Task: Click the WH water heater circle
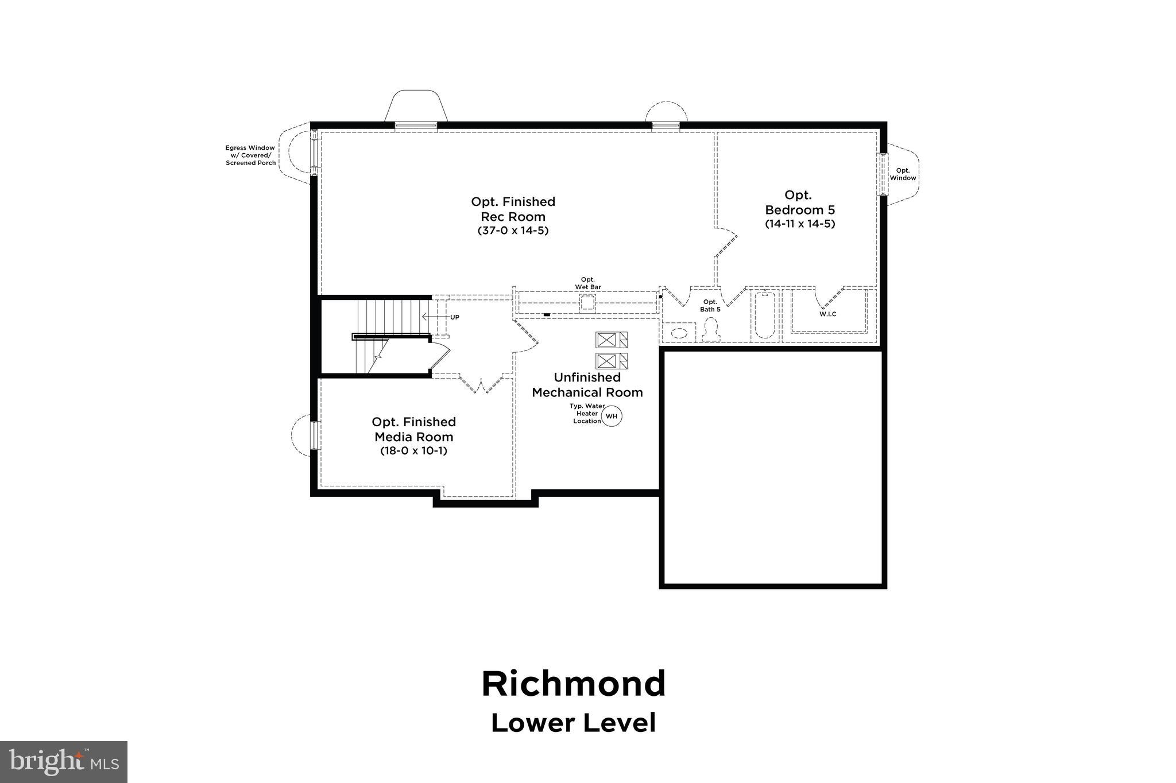612,416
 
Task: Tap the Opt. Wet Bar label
588,283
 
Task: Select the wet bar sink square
587,302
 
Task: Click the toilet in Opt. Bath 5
711,330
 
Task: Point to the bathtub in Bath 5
764,316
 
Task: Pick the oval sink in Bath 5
679,333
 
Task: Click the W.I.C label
827,314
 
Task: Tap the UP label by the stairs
454,317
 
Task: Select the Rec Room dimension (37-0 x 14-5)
513,231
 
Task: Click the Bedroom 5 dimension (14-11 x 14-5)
799,224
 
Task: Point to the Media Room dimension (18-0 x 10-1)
413,451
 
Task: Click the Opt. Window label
903,174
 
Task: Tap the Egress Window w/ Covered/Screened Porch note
250,155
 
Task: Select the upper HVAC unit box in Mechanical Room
611,340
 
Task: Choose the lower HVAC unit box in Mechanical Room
611,361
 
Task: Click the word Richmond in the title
573,684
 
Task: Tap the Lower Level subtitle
573,723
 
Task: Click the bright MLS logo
64,762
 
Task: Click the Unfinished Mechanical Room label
587,385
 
